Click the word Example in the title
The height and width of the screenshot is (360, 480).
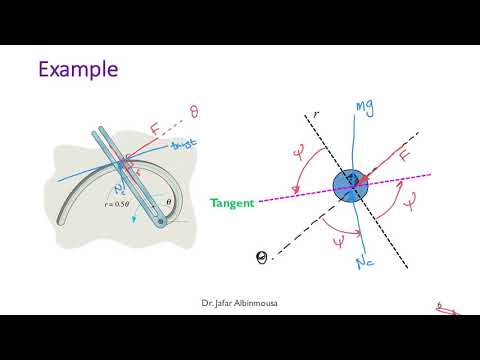(x=78, y=69)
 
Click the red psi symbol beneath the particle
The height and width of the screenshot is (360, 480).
(x=337, y=240)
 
